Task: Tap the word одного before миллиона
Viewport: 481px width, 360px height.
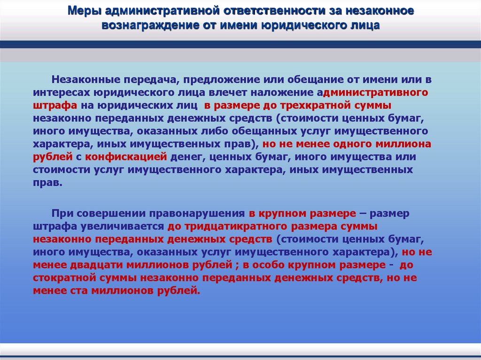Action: pyautogui.click(x=344, y=143)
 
